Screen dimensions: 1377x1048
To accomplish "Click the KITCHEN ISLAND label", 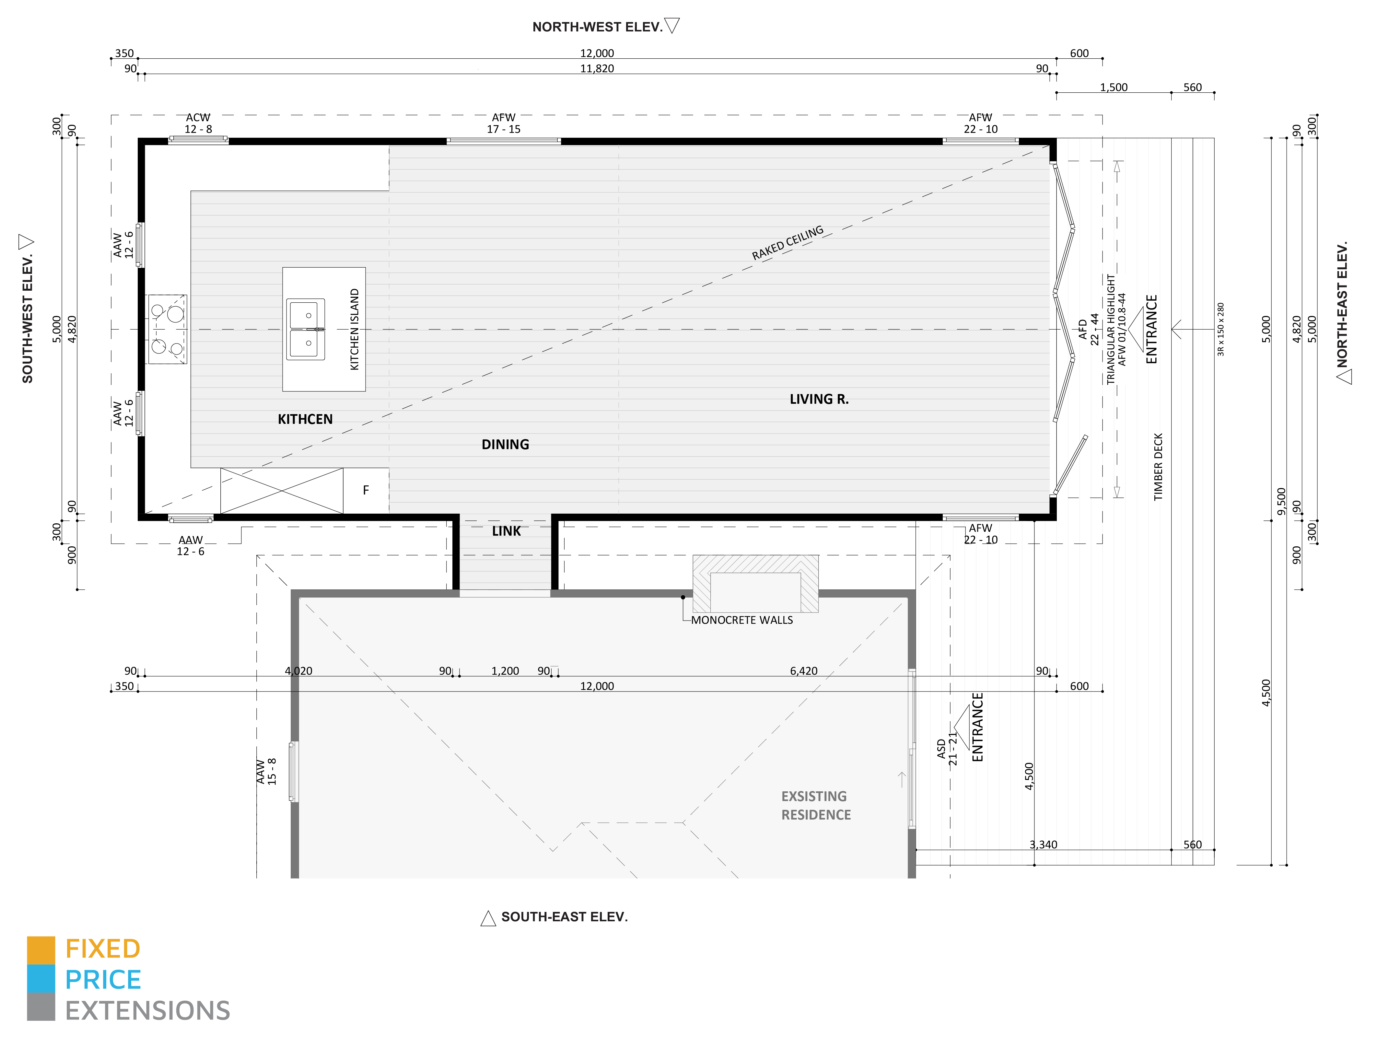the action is [x=355, y=329].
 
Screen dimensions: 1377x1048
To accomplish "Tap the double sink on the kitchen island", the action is [x=306, y=329].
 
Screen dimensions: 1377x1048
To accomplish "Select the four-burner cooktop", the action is [x=167, y=329].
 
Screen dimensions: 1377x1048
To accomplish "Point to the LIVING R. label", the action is [x=819, y=399].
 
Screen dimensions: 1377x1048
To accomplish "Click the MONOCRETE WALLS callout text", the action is [x=742, y=620].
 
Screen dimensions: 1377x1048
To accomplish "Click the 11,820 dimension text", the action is [x=597, y=69].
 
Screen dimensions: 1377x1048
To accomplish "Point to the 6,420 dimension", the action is [x=804, y=671].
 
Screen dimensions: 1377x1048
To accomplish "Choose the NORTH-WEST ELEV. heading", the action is [x=597, y=27].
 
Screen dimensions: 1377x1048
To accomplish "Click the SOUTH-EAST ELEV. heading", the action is [x=565, y=917].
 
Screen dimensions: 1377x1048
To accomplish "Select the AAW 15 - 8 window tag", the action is [x=266, y=772].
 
